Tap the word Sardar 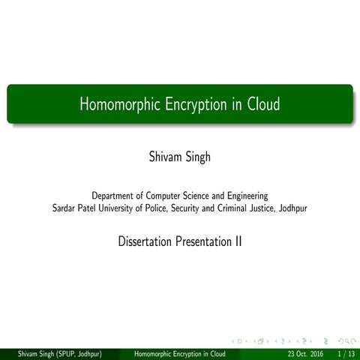tap(64, 208)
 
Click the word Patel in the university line tap(91, 208)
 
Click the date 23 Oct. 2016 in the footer tap(306, 353)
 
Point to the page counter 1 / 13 tap(346, 353)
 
